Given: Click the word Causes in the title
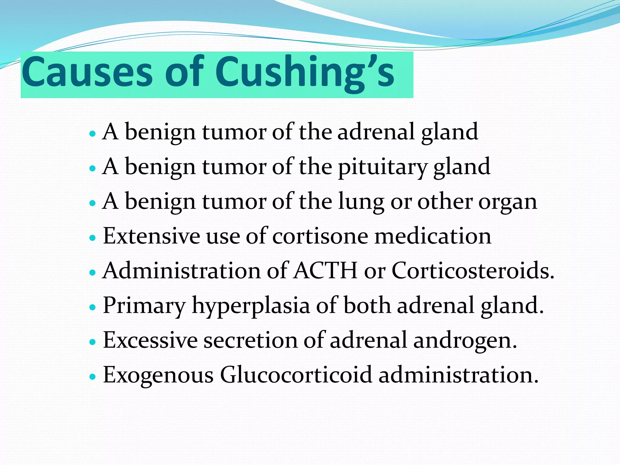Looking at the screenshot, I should coord(87,73).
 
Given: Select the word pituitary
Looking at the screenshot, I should coord(382,167).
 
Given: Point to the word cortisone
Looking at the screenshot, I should coord(320,236).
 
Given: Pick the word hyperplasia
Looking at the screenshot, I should coord(251,306).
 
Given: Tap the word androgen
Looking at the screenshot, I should coord(465,341).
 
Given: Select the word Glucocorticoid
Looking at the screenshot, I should coord(296,375).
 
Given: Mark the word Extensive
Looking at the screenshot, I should coord(151,236).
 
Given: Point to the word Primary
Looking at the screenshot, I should coord(144,306).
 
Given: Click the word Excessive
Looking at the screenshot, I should coord(150,340).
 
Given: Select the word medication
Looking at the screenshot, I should coord(433,236).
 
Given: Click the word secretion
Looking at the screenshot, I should coord(250,340).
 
